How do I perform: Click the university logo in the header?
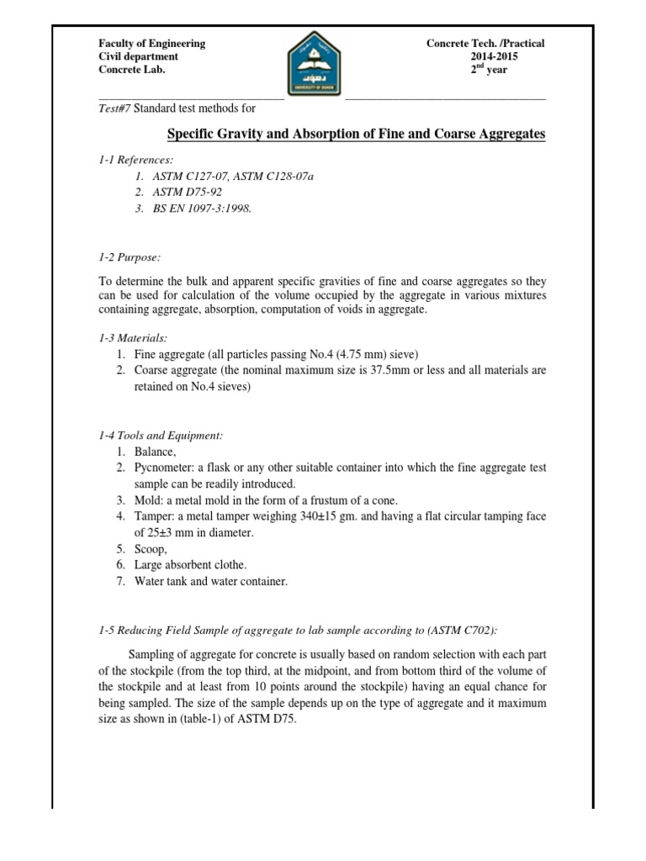[x=315, y=61]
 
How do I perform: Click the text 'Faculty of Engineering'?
[x=152, y=44]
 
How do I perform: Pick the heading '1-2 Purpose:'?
[x=124, y=257]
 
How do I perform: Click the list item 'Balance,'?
[x=156, y=452]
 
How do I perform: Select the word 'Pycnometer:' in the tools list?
[x=164, y=467]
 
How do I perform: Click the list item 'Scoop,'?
[x=152, y=549]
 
